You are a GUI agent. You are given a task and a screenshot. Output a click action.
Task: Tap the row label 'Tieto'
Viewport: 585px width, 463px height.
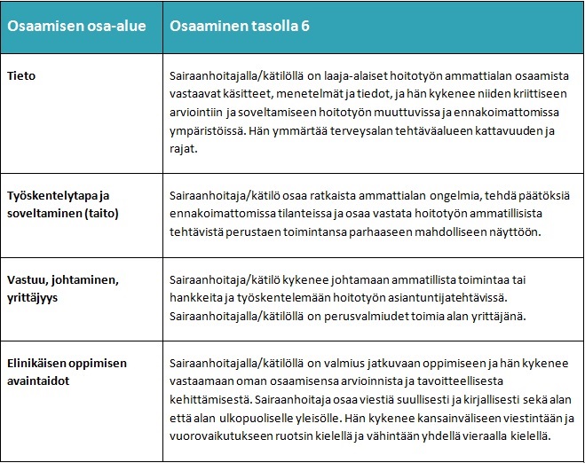21,76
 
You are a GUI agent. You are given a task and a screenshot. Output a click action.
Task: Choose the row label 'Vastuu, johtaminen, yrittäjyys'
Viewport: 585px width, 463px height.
62,287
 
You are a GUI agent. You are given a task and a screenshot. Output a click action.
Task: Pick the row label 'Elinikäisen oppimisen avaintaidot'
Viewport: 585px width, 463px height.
67,370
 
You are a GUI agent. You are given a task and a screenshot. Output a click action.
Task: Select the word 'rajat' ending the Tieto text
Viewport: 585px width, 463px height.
184,149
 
